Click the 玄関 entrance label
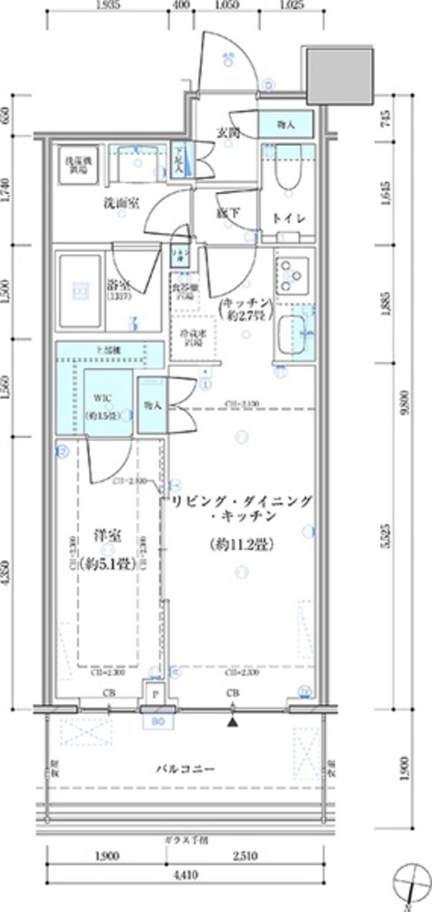coord(228,132)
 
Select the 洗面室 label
coord(119,204)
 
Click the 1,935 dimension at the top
coord(108,6)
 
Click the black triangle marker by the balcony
coord(232,721)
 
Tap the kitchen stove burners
coord(292,274)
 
